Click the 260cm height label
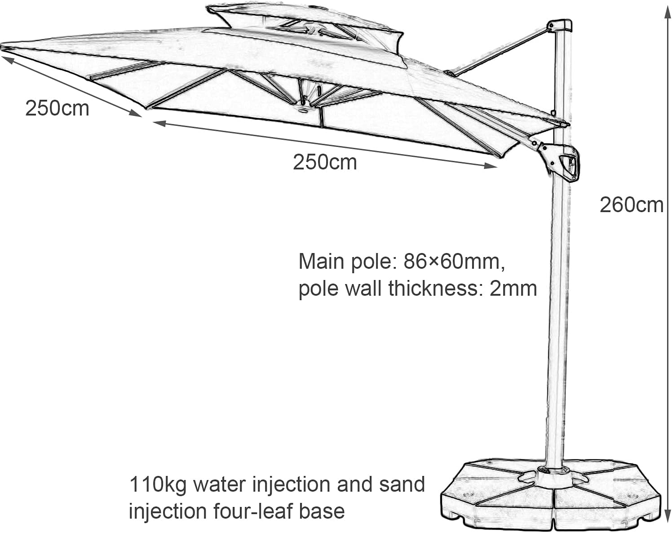631,205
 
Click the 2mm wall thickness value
513,288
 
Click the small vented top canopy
305,22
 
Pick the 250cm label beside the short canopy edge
57,109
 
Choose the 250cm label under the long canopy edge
325,162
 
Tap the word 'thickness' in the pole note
434,288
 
